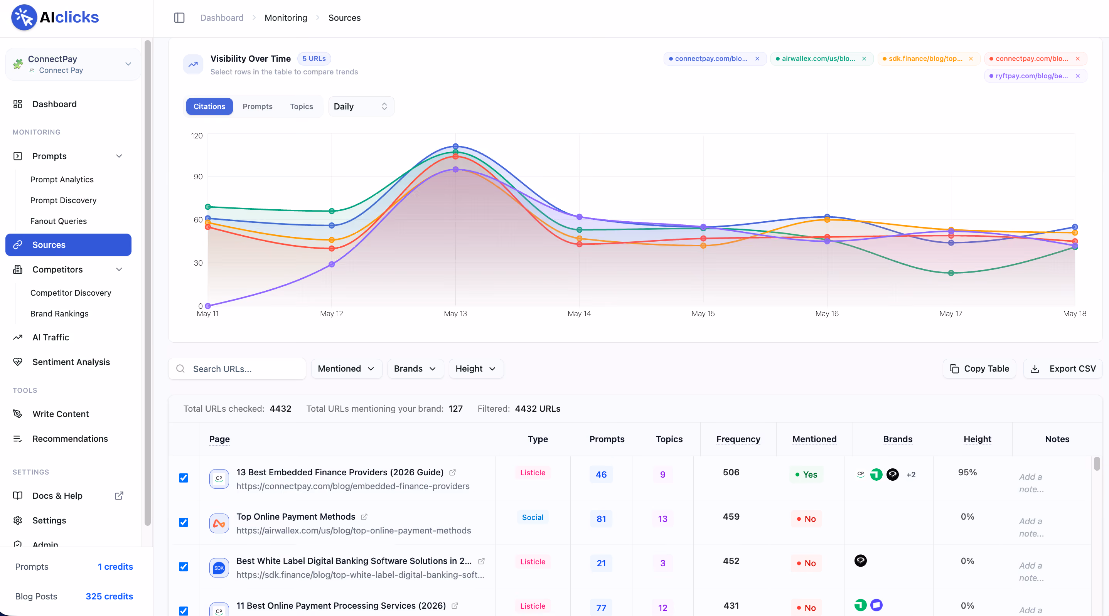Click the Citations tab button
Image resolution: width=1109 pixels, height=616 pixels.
point(209,106)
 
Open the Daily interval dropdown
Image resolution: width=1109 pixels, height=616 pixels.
point(361,106)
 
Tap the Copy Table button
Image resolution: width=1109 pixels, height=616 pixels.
point(979,369)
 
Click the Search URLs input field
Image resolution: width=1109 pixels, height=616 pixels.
point(237,369)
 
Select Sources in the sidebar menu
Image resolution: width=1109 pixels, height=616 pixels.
point(69,244)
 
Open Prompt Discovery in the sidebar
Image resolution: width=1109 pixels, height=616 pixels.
point(63,200)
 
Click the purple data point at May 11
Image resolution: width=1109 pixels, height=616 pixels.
point(208,306)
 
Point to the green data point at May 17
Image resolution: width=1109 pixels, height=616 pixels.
point(951,273)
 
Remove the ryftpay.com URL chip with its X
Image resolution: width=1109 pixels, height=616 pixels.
point(1077,76)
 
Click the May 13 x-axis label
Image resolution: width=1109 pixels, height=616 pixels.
point(455,313)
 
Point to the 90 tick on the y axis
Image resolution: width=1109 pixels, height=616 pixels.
point(198,177)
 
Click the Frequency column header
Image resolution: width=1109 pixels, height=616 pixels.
point(738,439)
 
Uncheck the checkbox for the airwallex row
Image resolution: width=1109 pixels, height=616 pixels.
point(184,522)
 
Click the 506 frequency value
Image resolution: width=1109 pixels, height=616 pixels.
point(731,472)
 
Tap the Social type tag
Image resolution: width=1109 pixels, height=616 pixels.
point(533,517)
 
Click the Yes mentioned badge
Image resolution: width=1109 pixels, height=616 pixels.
point(806,475)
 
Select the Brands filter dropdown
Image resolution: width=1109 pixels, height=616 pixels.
point(415,369)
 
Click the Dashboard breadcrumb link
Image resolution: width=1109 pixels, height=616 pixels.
point(222,18)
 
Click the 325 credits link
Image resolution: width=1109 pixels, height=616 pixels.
point(110,596)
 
